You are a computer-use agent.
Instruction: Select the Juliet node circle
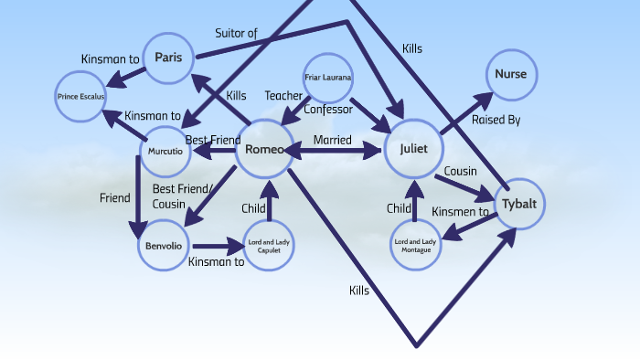tap(413, 149)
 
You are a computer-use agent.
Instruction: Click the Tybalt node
tap(519, 205)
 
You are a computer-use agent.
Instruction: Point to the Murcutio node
tap(165, 150)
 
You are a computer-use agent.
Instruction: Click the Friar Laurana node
tap(328, 79)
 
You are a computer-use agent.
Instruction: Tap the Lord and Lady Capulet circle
tap(270, 245)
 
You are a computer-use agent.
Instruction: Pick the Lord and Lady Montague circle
tap(417, 245)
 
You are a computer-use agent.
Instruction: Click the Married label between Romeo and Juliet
tap(332, 140)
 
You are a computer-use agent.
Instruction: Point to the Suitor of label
tap(236, 34)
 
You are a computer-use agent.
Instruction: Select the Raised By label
tap(496, 120)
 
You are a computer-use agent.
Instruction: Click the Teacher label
tap(283, 95)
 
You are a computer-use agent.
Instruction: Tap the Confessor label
tap(328, 110)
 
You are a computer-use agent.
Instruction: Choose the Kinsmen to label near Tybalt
tap(459, 211)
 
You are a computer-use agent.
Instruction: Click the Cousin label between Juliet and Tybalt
tap(460, 171)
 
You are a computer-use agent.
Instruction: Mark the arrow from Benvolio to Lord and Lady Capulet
tap(219, 246)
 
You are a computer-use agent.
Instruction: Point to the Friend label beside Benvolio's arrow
tap(115, 197)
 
